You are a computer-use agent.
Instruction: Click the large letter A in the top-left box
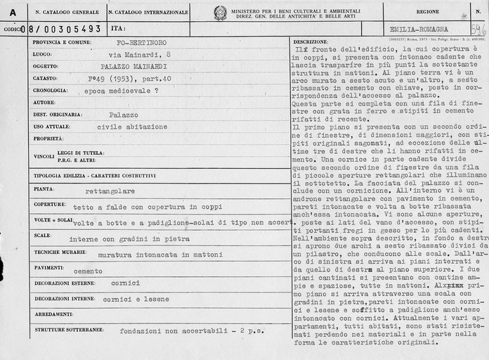[13, 12]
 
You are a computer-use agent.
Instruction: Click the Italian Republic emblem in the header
[220, 13]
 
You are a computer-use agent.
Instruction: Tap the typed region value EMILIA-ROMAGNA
[419, 29]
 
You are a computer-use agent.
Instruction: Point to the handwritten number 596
[478, 28]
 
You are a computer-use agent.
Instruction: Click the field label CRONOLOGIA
[50, 91]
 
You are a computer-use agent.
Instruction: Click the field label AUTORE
[44, 103]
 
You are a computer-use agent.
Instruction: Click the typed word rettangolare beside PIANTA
[109, 191]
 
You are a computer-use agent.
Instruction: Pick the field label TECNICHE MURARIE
[57, 251]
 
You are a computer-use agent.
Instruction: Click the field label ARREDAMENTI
[53, 314]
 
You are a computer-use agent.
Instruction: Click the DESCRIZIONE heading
[311, 42]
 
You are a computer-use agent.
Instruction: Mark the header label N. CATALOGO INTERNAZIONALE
[148, 12]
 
